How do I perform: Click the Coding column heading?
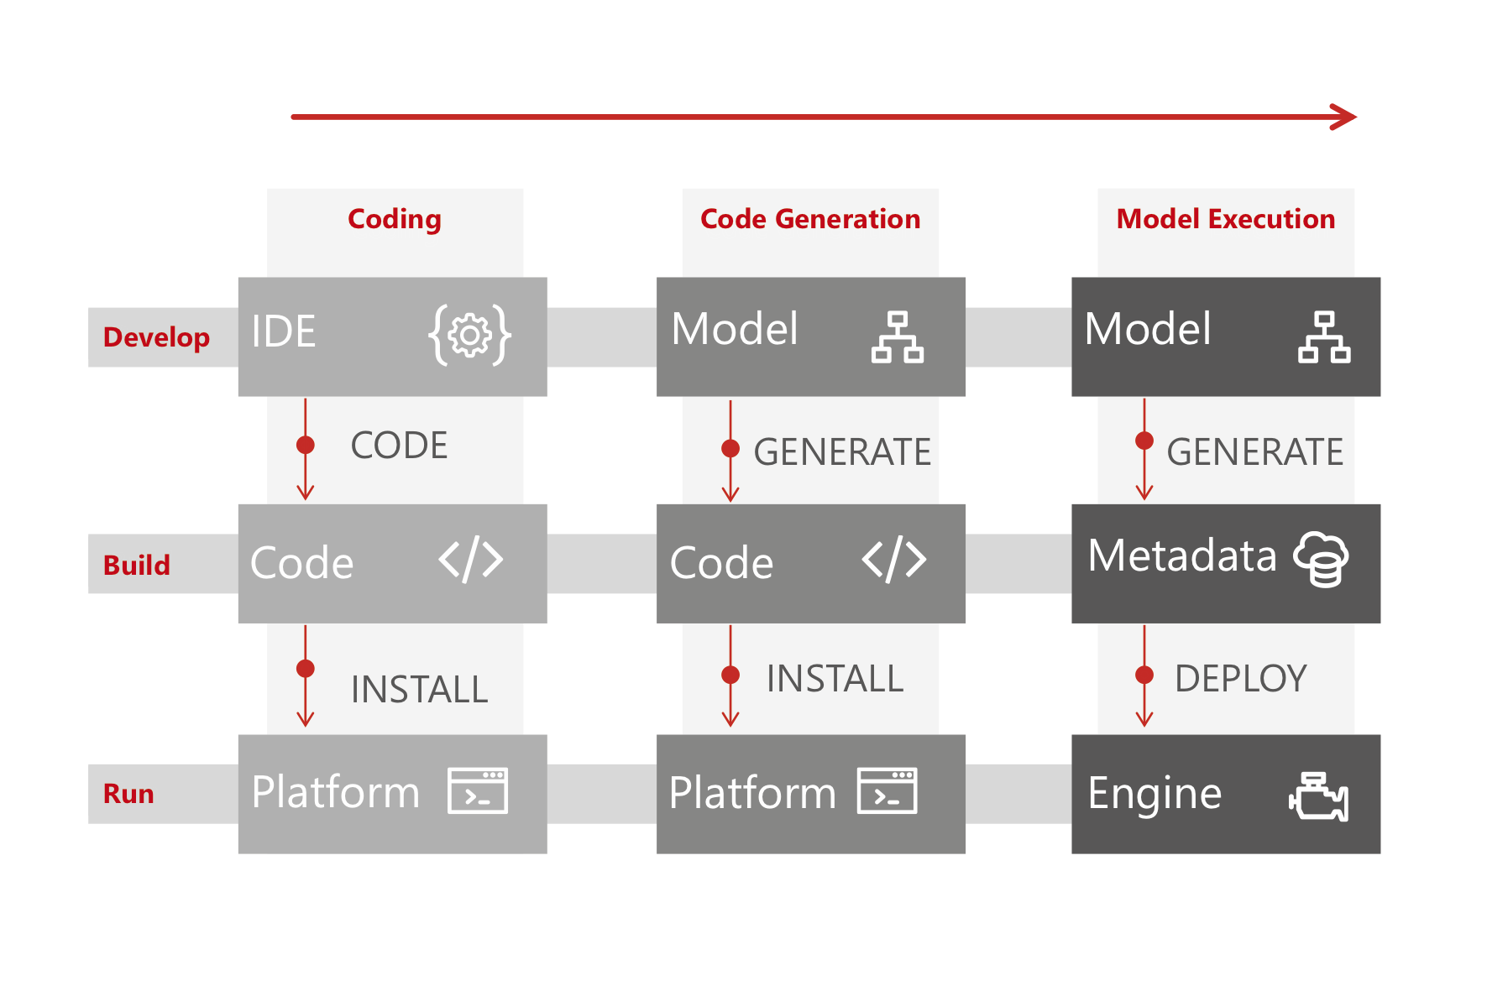[394, 220]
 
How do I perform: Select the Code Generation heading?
[810, 219]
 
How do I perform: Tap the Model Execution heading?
[1225, 219]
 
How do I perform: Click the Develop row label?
[156, 337]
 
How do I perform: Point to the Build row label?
[136, 565]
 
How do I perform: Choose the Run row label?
[128, 794]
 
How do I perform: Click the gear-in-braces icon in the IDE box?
[469, 335]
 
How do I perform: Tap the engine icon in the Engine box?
[1318, 796]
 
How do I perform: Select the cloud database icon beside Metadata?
[1321, 559]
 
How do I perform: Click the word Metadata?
[1181, 555]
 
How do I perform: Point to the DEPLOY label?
[1240, 678]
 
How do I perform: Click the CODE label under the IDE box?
[399, 446]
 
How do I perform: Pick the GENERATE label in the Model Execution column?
[1254, 452]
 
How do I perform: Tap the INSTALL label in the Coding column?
[419, 690]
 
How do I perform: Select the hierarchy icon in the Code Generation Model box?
[897, 337]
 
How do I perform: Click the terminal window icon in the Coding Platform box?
[478, 790]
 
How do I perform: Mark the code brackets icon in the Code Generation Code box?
[894, 560]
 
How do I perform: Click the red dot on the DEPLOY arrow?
[1144, 675]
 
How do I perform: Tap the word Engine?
[1154, 794]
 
